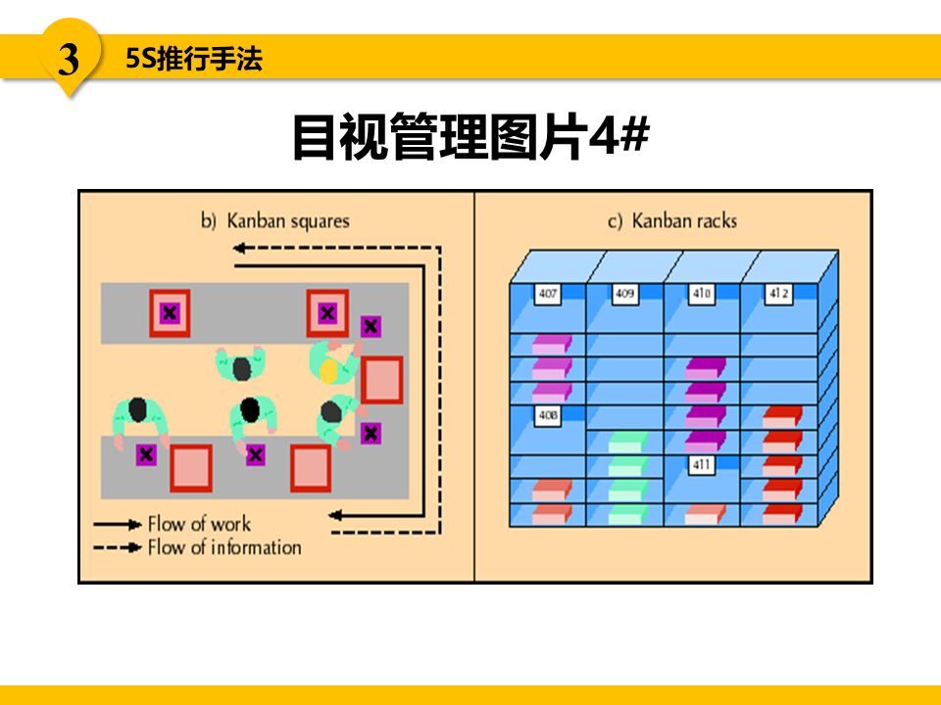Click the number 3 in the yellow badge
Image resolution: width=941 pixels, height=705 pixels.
[x=69, y=60]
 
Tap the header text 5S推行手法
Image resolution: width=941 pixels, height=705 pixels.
[x=194, y=60]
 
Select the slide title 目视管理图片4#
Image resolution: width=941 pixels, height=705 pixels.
[x=470, y=135]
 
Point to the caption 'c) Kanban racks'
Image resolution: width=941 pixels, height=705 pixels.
[x=672, y=220]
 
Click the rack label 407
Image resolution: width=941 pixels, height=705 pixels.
[x=547, y=293]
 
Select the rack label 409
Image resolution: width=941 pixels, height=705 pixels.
[x=623, y=293]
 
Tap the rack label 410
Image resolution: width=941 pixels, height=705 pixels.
[x=700, y=293]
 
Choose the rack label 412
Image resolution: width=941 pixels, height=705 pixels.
[x=777, y=293]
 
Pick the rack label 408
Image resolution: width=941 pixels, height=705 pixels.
[x=547, y=416]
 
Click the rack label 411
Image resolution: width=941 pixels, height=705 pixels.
[x=701, y=465]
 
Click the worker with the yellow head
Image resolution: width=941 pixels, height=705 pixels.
[x=330, y=365]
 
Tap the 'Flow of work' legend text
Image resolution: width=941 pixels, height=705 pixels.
[x=199, y=524]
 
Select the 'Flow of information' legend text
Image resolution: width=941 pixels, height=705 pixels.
[x=223, y=547]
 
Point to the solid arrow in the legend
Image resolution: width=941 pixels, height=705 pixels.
[x=118, y=525]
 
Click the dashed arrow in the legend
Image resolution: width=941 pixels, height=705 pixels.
[x=118, y=548]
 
